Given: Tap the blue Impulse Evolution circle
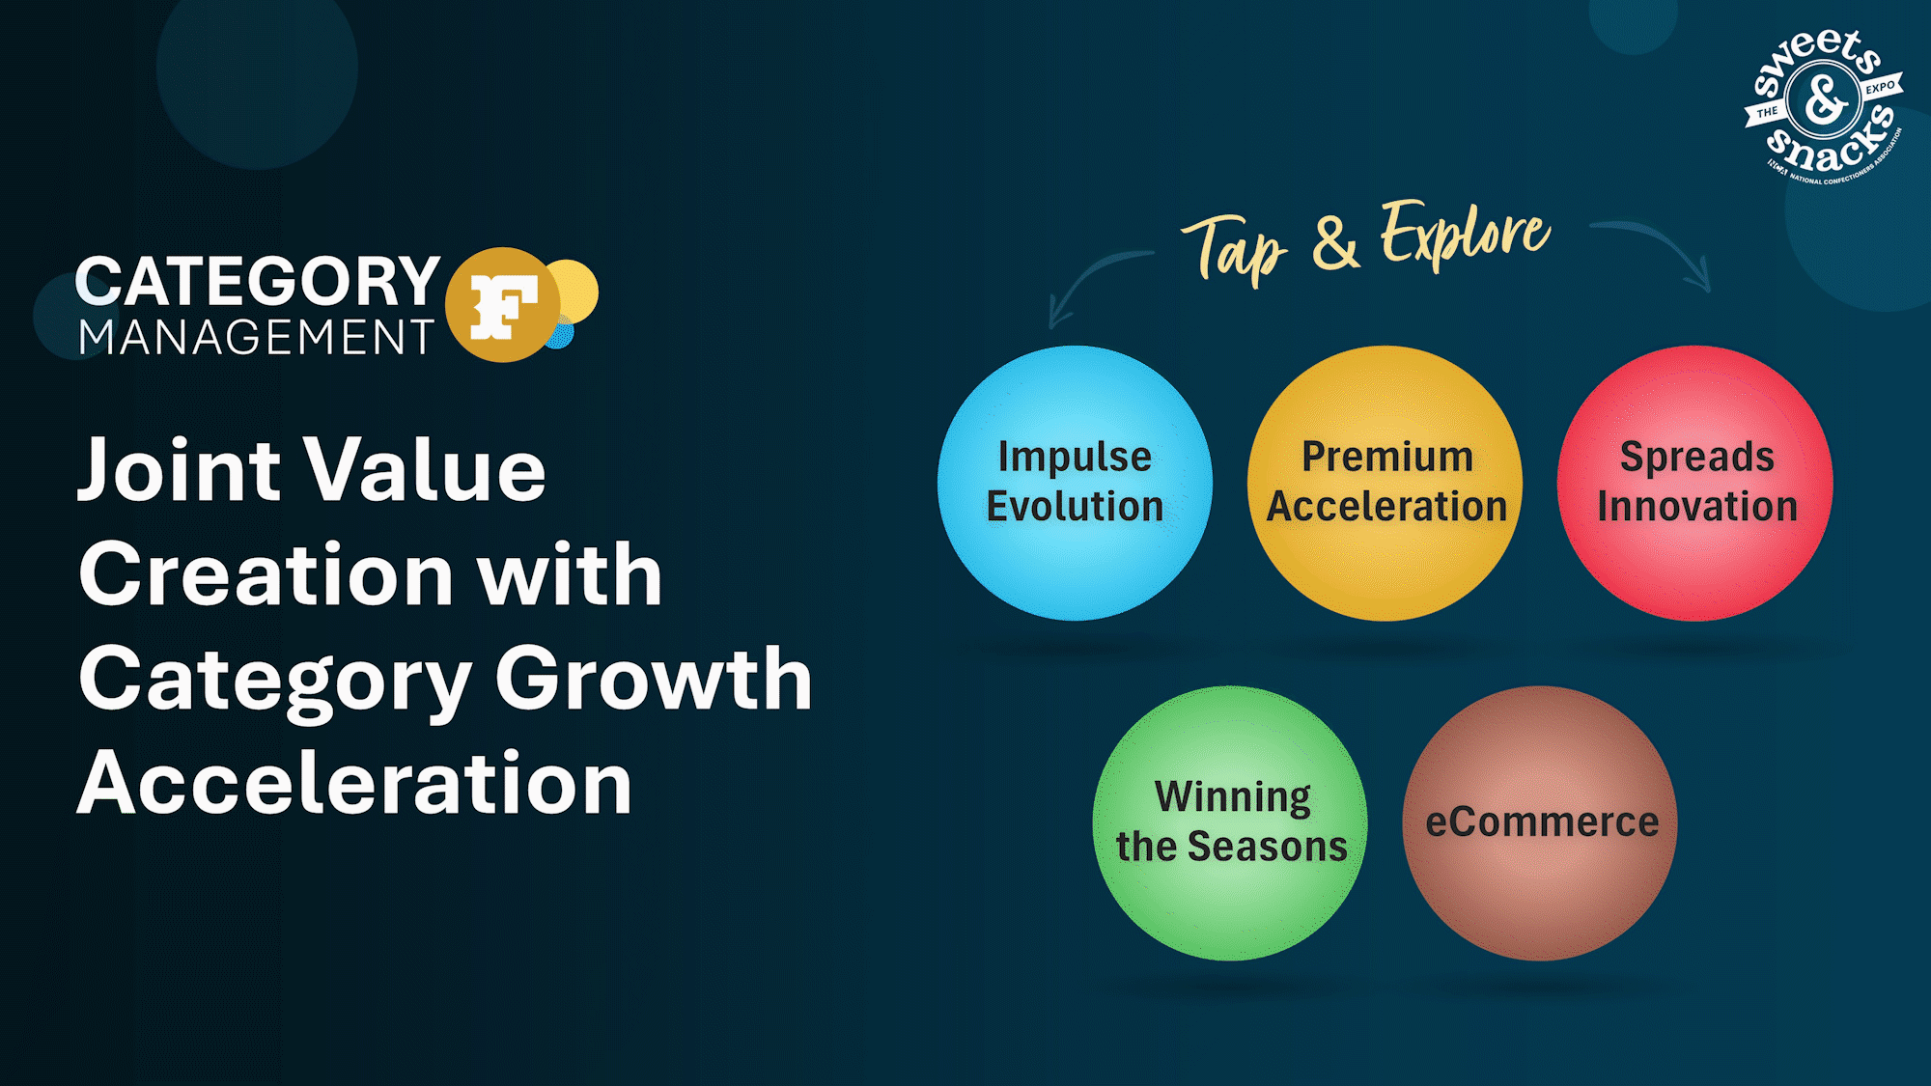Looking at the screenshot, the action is pyautogui.click(x=1075, y=483).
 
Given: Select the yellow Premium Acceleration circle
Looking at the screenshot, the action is pyautogui.click(x=1385, y=483).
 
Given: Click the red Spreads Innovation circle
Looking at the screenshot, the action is pyautogui.click(x=1695, y=483).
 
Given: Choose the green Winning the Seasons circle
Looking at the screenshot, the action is pyautogui.click(x=1230, y=823).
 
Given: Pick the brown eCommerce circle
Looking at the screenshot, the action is pyautogui.click(x=1540, y=823).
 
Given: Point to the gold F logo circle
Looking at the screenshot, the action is pyautogui.click(x=503, y=305).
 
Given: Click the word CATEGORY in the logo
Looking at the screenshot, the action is pyautogui.click(x=258, y=281).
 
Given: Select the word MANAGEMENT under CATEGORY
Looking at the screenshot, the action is pyautogui.click(x=256, y=337).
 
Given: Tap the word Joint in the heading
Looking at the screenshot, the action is pyautogui.click(x=180, y=470).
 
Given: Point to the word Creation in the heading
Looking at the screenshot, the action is pyautogui.click(x=266, y=574).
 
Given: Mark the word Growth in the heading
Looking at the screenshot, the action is pyautogui.click(x=654, y=679).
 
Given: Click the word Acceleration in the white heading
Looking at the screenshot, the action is pyautogui.click(x=354, y=783).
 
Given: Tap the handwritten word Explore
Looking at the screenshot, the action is pyautogui.click(x=1465, y=234).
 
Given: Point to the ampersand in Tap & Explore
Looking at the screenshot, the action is pyautogui.click(x=1335, y=243).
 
